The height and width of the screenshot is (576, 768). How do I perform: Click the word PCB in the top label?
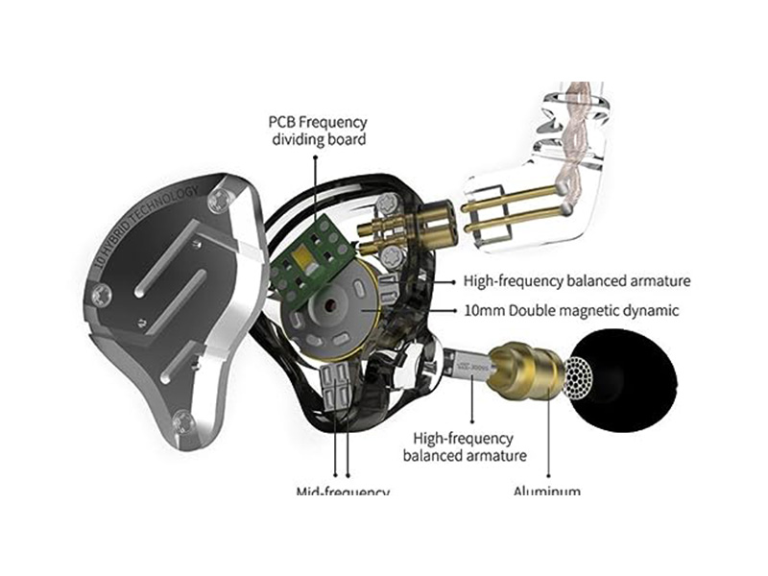point(284,122)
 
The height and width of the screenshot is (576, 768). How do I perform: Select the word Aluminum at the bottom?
point(547,492)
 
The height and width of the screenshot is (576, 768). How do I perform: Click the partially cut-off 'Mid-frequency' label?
point(342,492)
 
